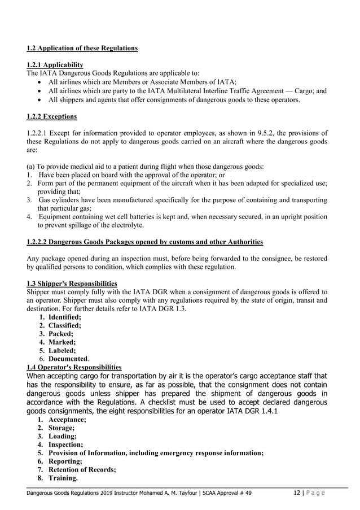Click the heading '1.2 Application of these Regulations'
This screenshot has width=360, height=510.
(82, 48)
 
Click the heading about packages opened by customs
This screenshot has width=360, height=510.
(144, 242)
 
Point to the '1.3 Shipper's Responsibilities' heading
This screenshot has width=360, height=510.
(72, 283)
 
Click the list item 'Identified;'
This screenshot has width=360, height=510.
(65, 317)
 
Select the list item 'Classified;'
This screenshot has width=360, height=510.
(65, 325)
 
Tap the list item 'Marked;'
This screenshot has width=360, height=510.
(62, 342)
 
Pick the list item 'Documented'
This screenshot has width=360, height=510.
(68, 358)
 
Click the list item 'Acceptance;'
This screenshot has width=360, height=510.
(67, 420)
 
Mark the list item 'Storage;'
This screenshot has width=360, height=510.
(63, 428)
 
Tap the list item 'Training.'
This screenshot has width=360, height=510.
(63, 478)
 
